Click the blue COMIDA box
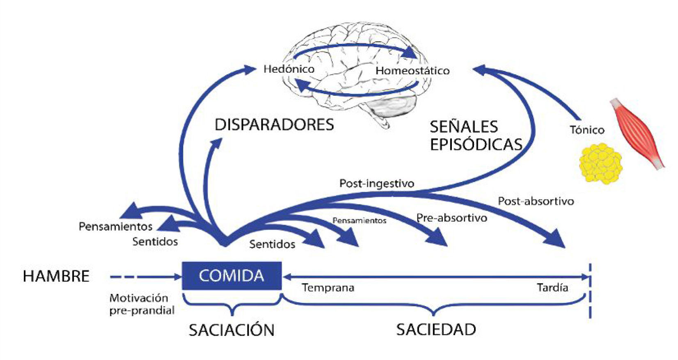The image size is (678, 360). click(x=231, y=275)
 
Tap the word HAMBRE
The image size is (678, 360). click(x=56, y=276)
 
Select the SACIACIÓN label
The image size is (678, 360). click(x=231, y=330)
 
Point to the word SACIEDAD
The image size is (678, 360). click(x=436, y=329)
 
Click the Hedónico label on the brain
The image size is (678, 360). click(x=289, y=69)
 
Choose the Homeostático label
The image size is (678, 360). click(x=412, y=71)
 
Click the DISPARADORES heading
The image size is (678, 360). click(x=274, y=125)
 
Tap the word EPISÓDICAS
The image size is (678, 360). click(x=476, y=144)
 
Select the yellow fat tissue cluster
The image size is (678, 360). click(x=600, y=163)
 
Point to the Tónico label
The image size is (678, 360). click(x=587, y=130)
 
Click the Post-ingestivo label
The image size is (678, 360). click(x=377, y=183)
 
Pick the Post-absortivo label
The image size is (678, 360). click(x=536, y=201)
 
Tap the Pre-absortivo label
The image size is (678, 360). click(x=452, y=218)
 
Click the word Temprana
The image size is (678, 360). click(x=328, y=288)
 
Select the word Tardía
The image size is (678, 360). click(x=552, y=287)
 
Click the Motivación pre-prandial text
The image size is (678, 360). click(x=142, y=304)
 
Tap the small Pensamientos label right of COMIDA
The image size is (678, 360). click(x=360, y=221)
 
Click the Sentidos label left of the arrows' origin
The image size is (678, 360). click(x=155, y=241)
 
